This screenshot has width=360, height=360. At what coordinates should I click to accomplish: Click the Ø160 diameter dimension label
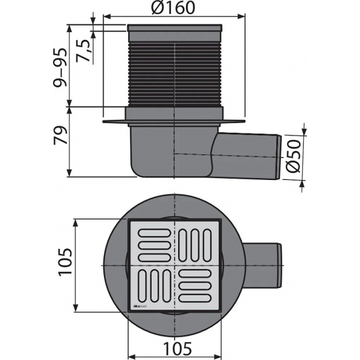coord(174,10)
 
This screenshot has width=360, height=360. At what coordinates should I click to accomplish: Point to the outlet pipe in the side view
coord(249,152)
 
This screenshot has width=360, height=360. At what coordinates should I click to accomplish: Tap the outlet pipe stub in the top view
coord(265,266)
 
